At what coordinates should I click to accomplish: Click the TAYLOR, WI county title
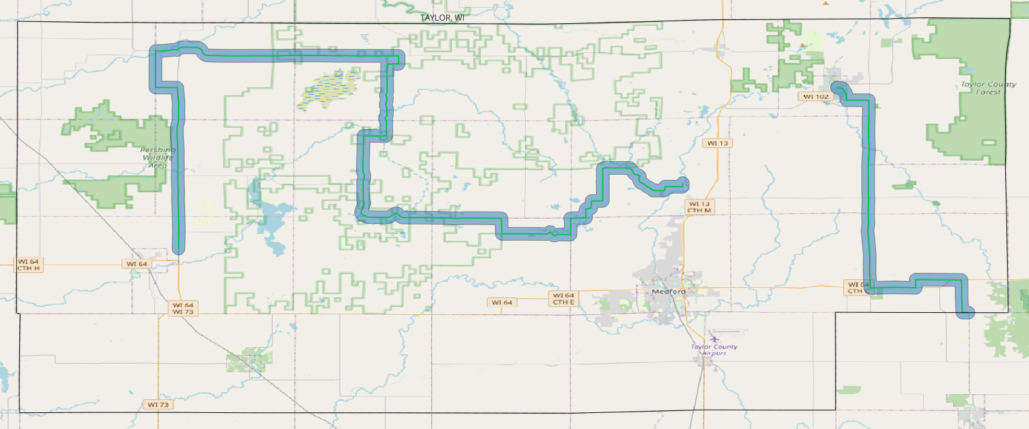tap(442, 17)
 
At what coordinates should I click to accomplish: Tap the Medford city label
tap(669, 292)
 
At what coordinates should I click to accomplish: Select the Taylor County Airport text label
tap(714, 350)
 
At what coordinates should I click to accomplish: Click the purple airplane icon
tap(714, 339)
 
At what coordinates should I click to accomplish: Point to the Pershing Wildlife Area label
tap(157, 157)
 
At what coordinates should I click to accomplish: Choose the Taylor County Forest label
tap(988, 88)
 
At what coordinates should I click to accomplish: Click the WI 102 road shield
tap(815, 97)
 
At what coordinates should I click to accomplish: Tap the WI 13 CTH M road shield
tap(699, 207)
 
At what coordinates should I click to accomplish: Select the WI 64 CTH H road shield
tap(28, 264)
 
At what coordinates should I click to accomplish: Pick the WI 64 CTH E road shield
tap(563, 299)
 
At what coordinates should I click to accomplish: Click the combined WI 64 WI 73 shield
tap(183, 308)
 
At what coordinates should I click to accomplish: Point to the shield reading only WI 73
tap(158, 404)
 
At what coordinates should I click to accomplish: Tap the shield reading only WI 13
tap(717, 143)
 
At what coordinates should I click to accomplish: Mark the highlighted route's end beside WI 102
tap(837, 87)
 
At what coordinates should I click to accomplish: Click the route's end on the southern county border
tap(966, 314)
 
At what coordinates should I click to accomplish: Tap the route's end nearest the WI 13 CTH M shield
tap(683, 185)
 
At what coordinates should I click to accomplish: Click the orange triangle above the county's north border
tap(826, 3)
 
